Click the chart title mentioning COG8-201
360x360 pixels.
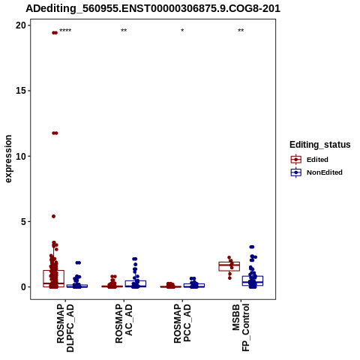click(153, 9)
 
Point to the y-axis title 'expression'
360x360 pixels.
click(8, 159)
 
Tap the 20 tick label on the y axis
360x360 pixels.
click(21, 25)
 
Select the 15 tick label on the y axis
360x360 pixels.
click(21, 91)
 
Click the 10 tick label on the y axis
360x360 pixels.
click(21, 156)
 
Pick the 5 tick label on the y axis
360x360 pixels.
click(23, 221)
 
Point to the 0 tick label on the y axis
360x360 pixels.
click(23, 287)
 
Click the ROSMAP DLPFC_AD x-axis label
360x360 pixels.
click(65, 328)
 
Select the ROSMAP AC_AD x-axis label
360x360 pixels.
click(124, 323)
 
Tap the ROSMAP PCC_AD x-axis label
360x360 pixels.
click(182, 323)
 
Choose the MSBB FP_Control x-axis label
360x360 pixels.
click(241, 328)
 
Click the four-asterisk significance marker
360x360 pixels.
click(65, 31)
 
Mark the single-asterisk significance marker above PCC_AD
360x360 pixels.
click(182, 31)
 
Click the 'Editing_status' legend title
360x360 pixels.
click(320, 145)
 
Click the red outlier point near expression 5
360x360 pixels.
click(53, 216)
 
